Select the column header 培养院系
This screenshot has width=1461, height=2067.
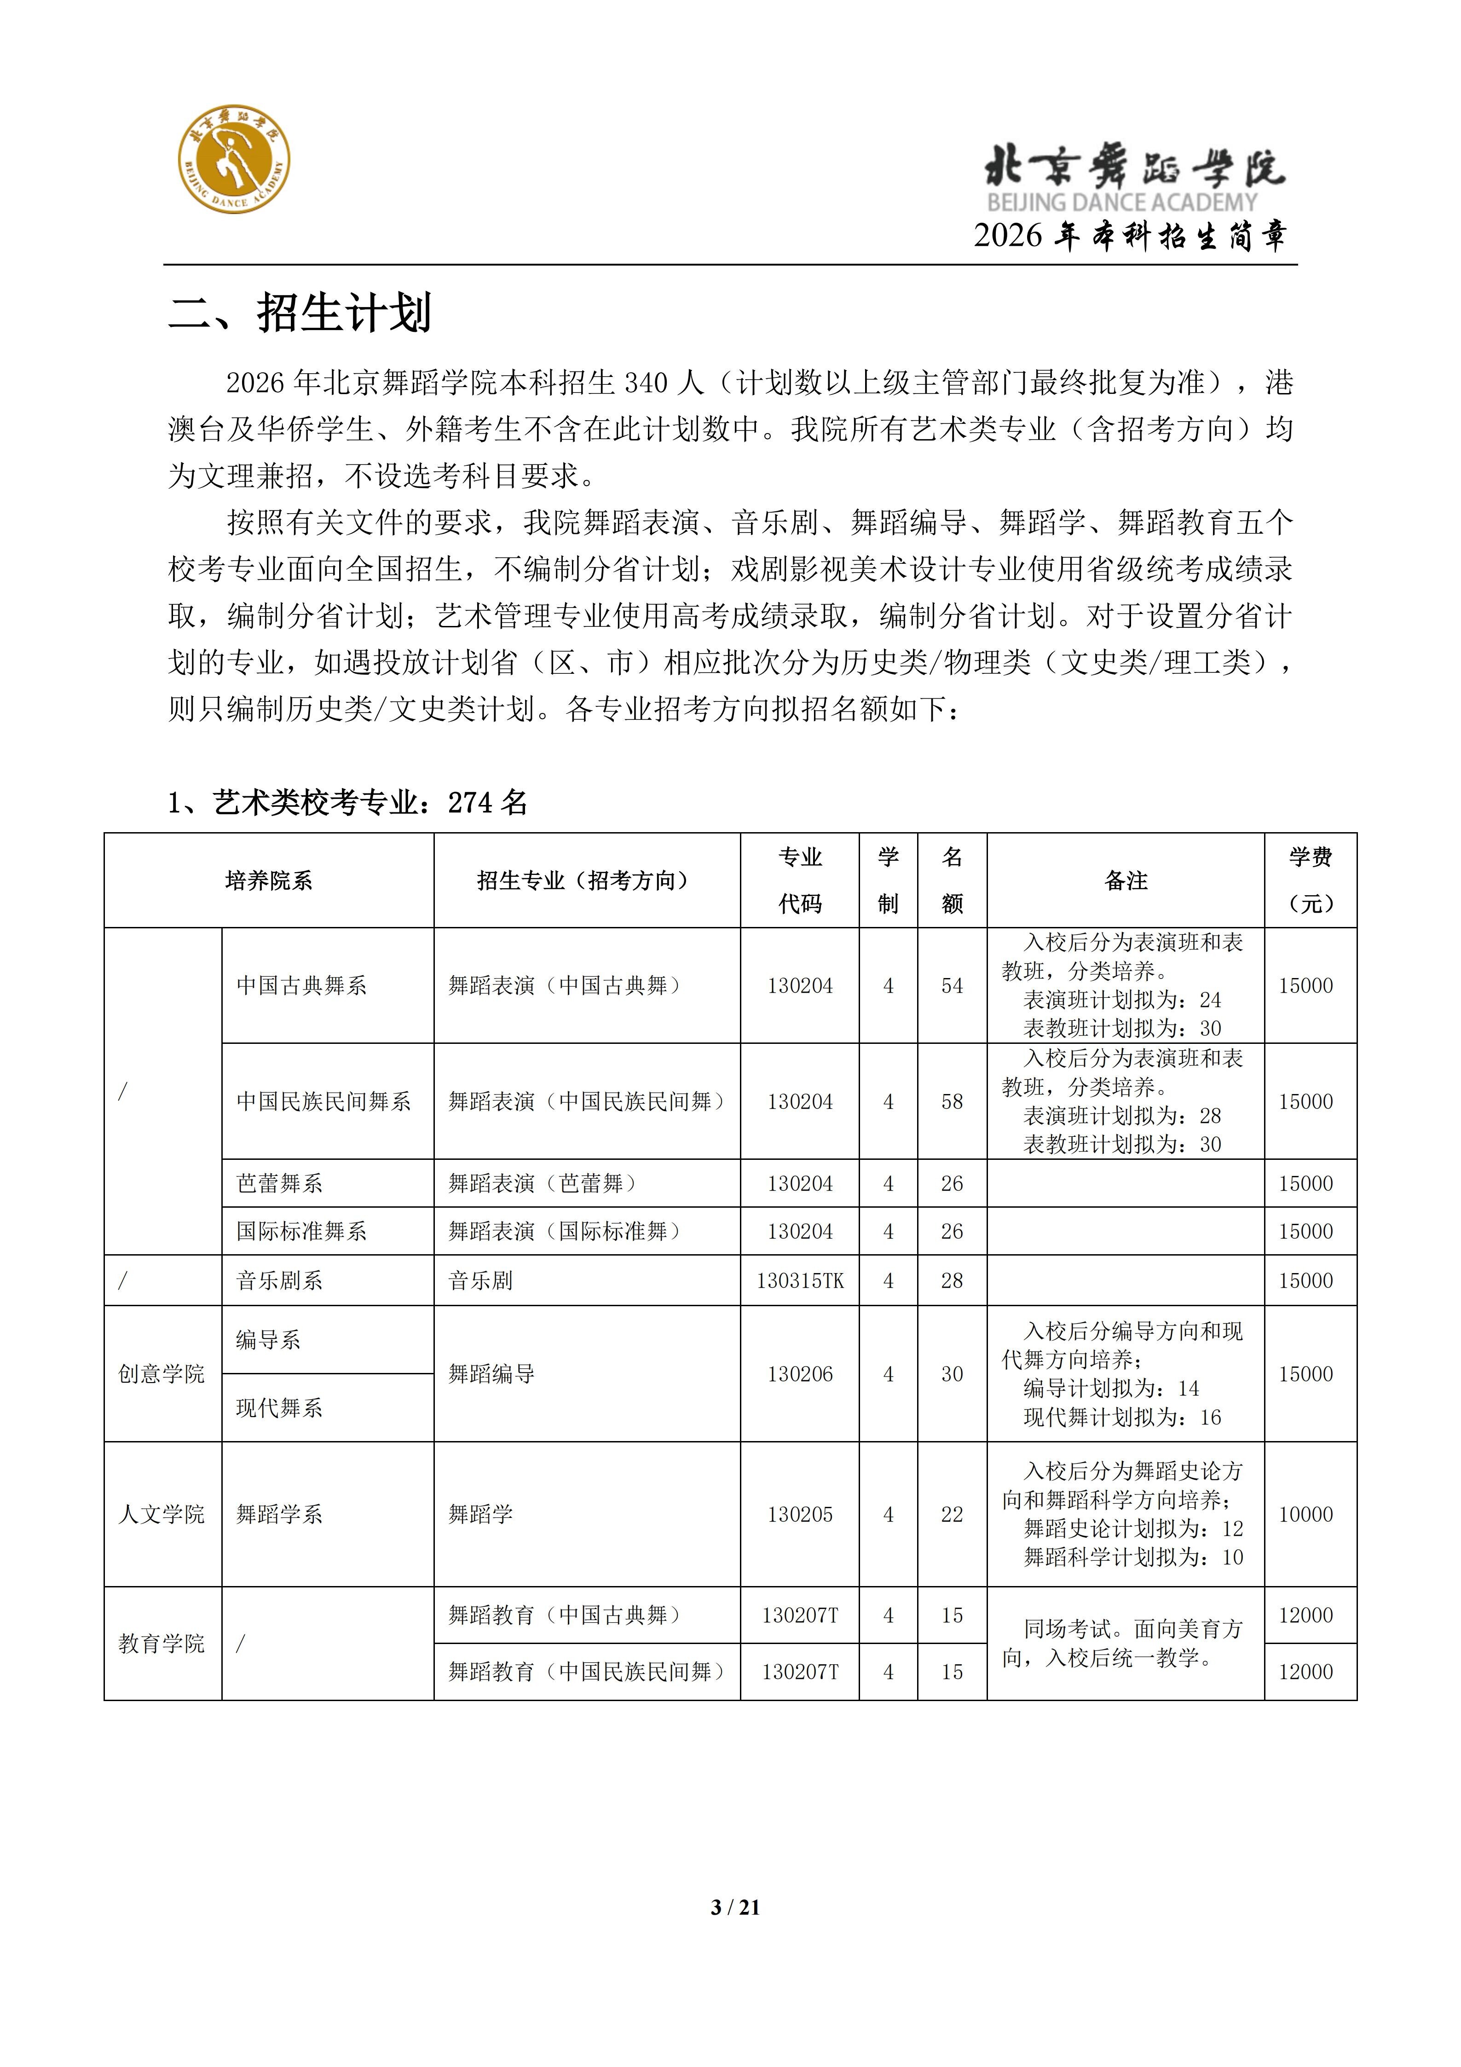point(268,880)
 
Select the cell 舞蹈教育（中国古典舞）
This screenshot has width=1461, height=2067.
point(565,1615)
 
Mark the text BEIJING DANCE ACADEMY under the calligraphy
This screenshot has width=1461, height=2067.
point(1121,203)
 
